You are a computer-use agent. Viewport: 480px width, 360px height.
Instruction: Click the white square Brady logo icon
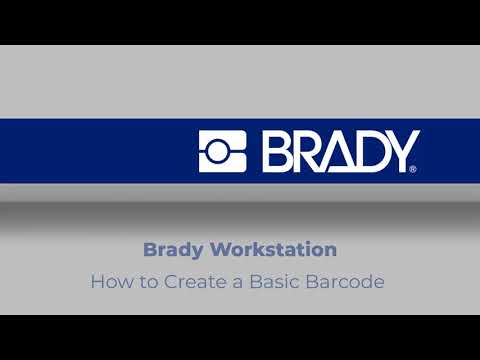click(x=222, y=151)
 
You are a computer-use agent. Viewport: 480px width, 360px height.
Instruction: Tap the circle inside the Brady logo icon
click(x=224, y=151)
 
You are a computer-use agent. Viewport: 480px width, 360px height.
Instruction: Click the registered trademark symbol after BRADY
click(x=414, y=170)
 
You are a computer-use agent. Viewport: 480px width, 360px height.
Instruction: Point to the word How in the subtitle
click(x=108, y=282)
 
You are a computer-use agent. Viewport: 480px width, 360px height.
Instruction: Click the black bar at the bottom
click(x=240, y=337)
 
